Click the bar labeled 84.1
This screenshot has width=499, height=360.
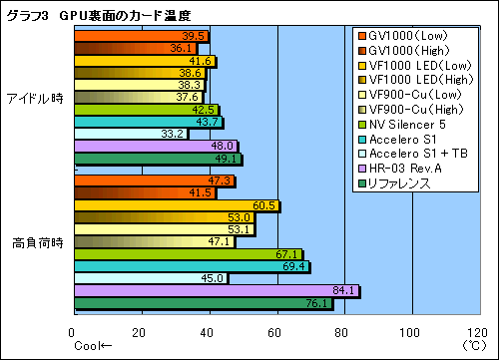click(216, 291)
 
